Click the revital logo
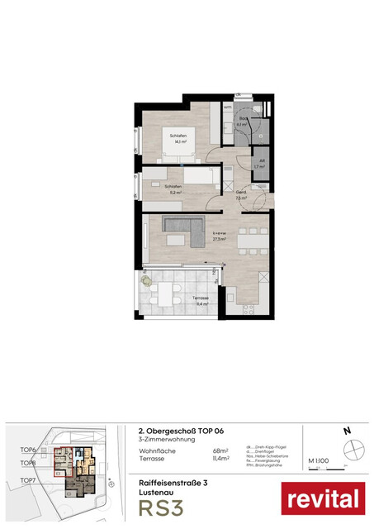323,499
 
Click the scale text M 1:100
319,460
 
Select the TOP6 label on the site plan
29,450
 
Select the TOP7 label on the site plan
29,479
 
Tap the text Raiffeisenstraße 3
171,481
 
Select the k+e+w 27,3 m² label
218,238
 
